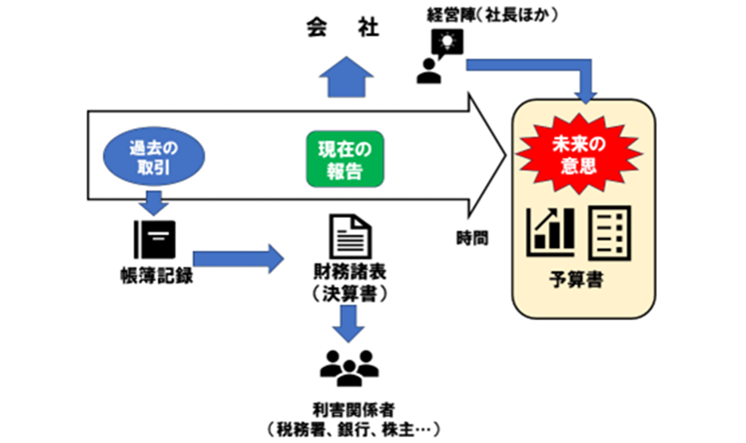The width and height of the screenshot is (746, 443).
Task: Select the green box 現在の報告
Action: pyautogui.click(x=344, y=159)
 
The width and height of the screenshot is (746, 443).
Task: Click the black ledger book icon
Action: pyautogui.click(x=153, y=240)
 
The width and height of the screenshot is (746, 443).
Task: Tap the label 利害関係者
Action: pyautogui.click(x=348, y=407)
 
